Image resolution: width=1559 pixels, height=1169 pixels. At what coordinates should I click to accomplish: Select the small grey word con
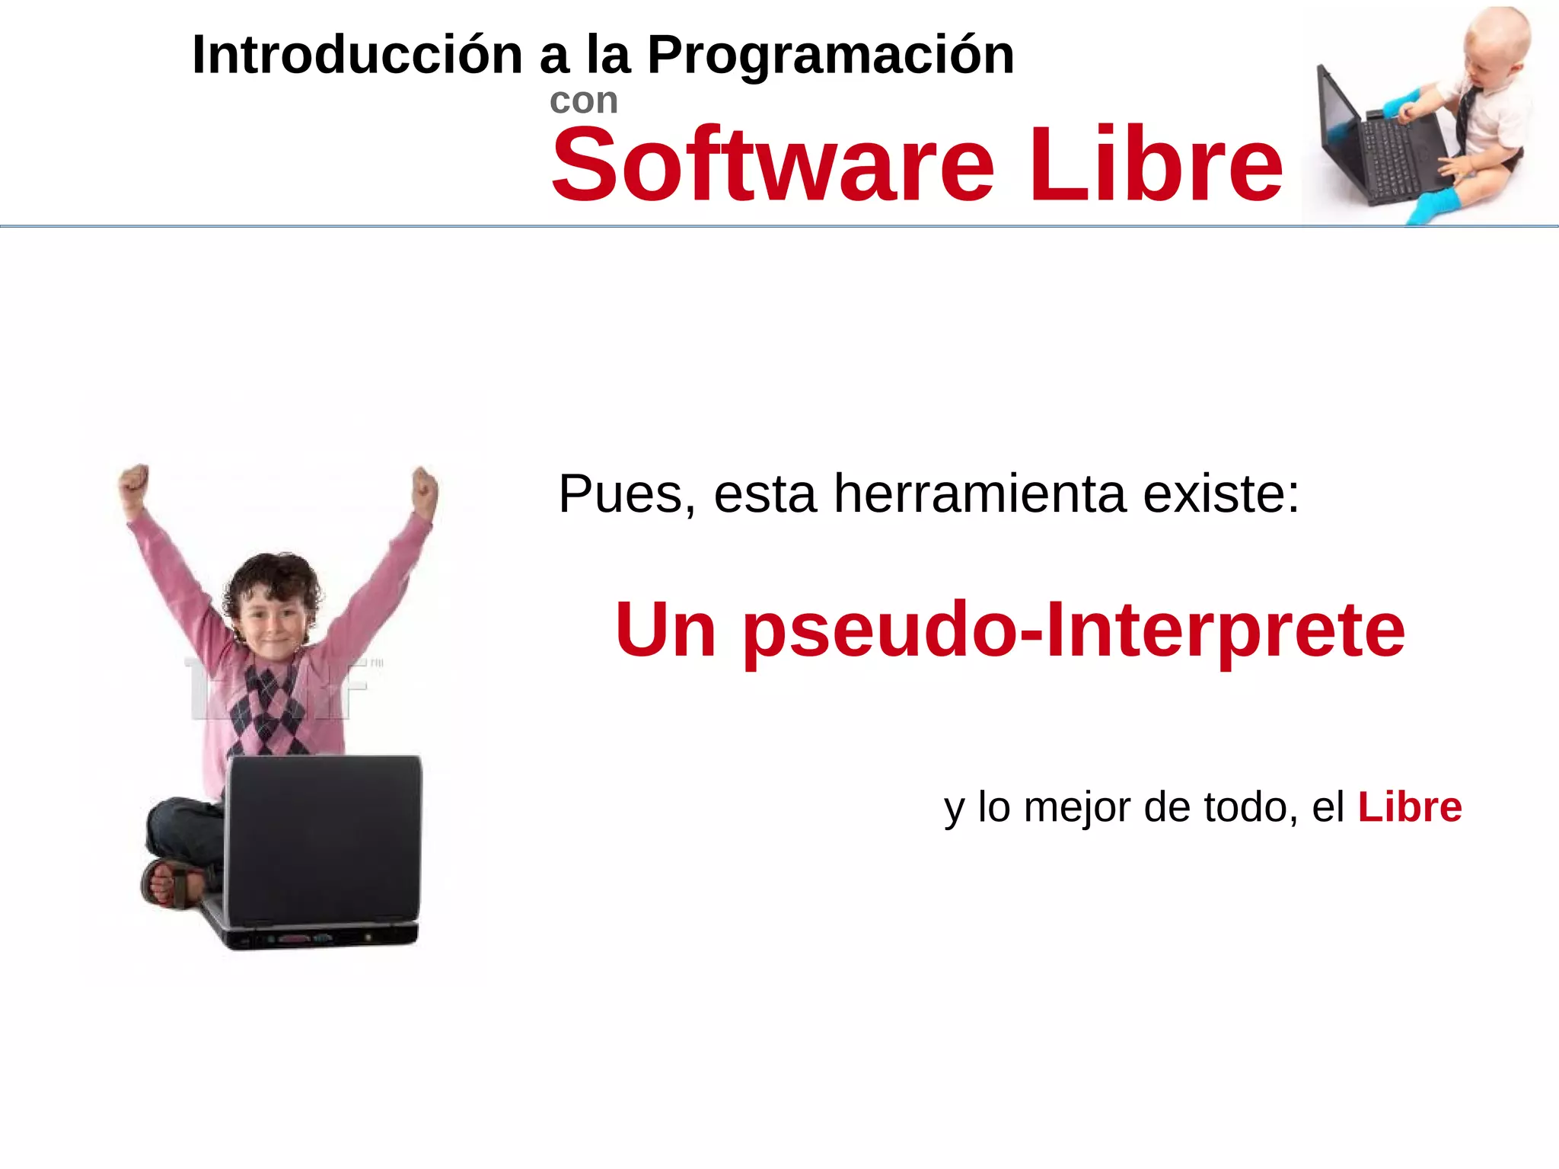click(x=583, y=101)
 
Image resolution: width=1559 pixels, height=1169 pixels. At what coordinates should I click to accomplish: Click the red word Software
click(x=772, y=165)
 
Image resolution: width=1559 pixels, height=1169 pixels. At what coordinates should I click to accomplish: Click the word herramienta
click(x=980, y=494)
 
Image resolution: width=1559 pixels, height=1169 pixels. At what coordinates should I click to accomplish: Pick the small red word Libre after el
click(x=1410, y=807)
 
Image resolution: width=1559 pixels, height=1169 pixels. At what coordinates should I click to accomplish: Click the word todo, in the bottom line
click(x=1251, y=807)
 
